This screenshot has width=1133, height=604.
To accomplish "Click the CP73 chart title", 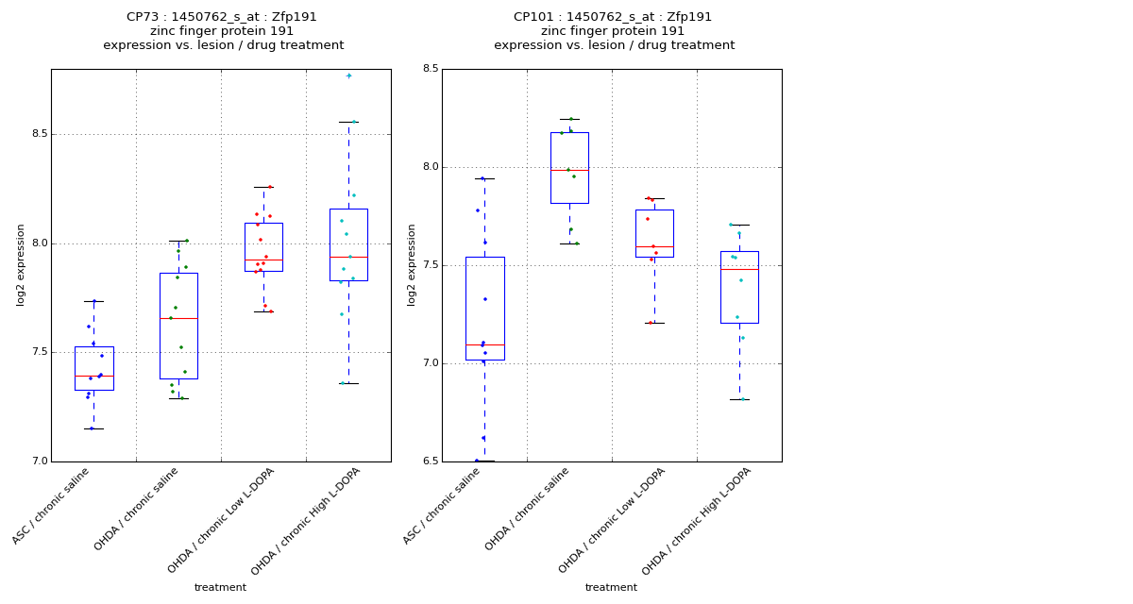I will click(x=223, y=31).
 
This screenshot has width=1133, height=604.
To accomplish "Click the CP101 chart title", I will click(x=614, y=31).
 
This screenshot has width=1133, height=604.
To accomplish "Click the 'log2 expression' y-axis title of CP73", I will click(x=21, y=265).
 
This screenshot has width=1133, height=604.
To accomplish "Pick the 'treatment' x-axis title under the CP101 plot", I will click(x=611, y=588).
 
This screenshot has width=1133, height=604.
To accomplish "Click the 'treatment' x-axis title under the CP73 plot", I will click(x=220, y=588).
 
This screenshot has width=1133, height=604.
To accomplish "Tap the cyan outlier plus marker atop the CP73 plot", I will click(x=348, y=75).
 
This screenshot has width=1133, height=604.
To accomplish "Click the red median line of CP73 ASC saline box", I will click(x=94, y=376).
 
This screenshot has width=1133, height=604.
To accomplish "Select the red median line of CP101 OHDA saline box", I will click(x=569, y=170).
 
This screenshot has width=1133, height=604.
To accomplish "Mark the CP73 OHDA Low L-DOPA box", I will click(x=263, y=247).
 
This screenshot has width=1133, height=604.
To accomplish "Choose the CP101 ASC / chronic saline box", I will click(x=484, y=308).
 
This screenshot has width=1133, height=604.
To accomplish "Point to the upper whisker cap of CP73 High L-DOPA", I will click(x=348, y=122).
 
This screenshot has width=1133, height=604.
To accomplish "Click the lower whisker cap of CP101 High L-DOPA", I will click(x=739, y=399).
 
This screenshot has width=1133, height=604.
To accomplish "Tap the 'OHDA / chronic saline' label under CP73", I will click(x=138, y=510).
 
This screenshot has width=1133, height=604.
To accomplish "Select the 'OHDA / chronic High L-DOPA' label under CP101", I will click(x=697, y=522).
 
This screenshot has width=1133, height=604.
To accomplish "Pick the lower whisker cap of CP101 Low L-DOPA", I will click(x=654, y=323).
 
